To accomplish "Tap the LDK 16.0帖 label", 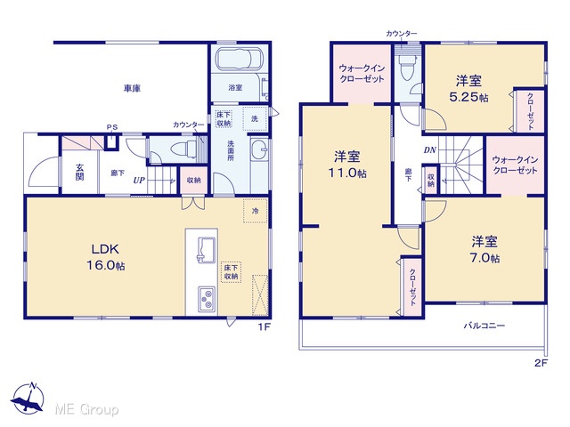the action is click(x=105, y=257).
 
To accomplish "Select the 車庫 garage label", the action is click(x=132, y=88).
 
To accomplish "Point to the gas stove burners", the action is click(x=206, y=299).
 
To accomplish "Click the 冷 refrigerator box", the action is click(x=256, y=211).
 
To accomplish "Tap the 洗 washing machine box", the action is click(x=255, y=118).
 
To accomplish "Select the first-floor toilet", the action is click(x=184, y=149).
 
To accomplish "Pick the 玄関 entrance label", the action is click(x=79, y=172).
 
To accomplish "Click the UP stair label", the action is click(x=139, y=180).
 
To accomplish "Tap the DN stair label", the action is click(x=429, y=150).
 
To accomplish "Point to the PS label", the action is click(x=112, y=127).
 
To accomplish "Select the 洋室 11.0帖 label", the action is click(x=347, y=165).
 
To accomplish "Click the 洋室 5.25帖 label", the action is click(x=469, y=89).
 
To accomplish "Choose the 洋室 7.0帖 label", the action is click(x=484, y=249).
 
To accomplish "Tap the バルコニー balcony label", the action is click(x=484, y=326).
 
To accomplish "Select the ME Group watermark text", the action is click(x=86, y=410).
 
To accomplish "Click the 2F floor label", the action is click(x=541, y=362).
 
